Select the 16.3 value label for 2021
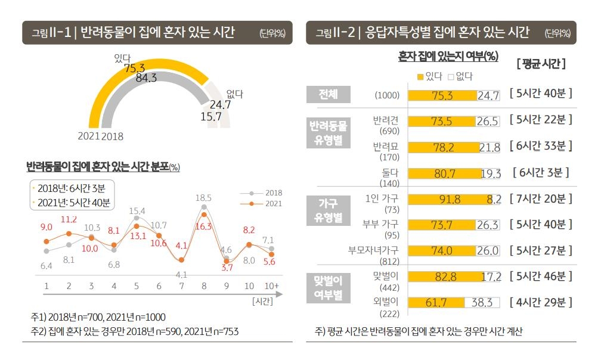click(x=204, y=226)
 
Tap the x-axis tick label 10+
click(x=272, y=286)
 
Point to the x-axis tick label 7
click(x=181, y=286)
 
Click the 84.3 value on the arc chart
click(x=146, y=77)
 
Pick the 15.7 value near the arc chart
click(x=211, y=117)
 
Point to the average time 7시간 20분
click(x=541, y=199)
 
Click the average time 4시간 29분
click(x=541, y=302)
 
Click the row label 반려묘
click(x=385, y=147)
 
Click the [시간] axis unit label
click(x=263, y=301)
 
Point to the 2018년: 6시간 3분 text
click(x=71, y=188)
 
